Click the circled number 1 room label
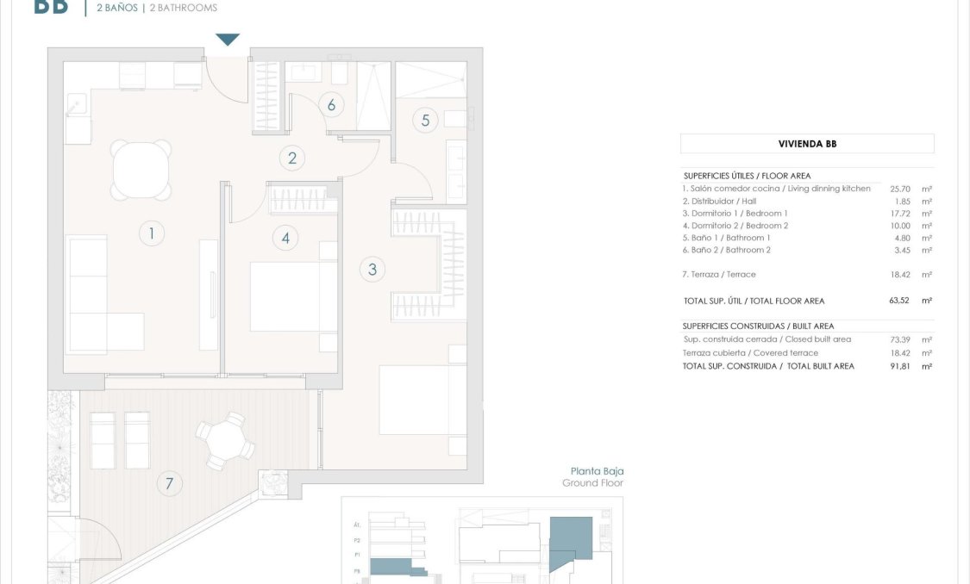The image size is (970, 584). [152, 233]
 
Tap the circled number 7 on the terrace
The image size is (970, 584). [169, 484]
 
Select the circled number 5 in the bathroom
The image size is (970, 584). [425, 120]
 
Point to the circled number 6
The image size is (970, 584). [330, 105]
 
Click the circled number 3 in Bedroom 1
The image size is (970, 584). [372, 270]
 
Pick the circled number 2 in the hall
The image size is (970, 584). [292, 158]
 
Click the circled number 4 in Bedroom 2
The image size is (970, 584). [285, 237]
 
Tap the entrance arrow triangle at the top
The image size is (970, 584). [228, 40]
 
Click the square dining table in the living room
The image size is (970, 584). [141, 170]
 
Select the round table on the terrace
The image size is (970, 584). [225, 440]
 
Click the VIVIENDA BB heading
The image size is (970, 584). [807, 144]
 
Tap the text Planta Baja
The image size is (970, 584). [597, 471]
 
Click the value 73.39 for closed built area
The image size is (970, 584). [901, 339]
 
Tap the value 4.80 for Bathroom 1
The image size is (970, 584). [901, 238]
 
